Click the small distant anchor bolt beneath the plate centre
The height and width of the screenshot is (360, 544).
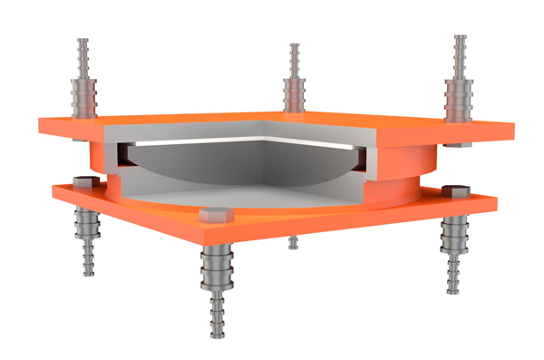pos(293,241)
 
